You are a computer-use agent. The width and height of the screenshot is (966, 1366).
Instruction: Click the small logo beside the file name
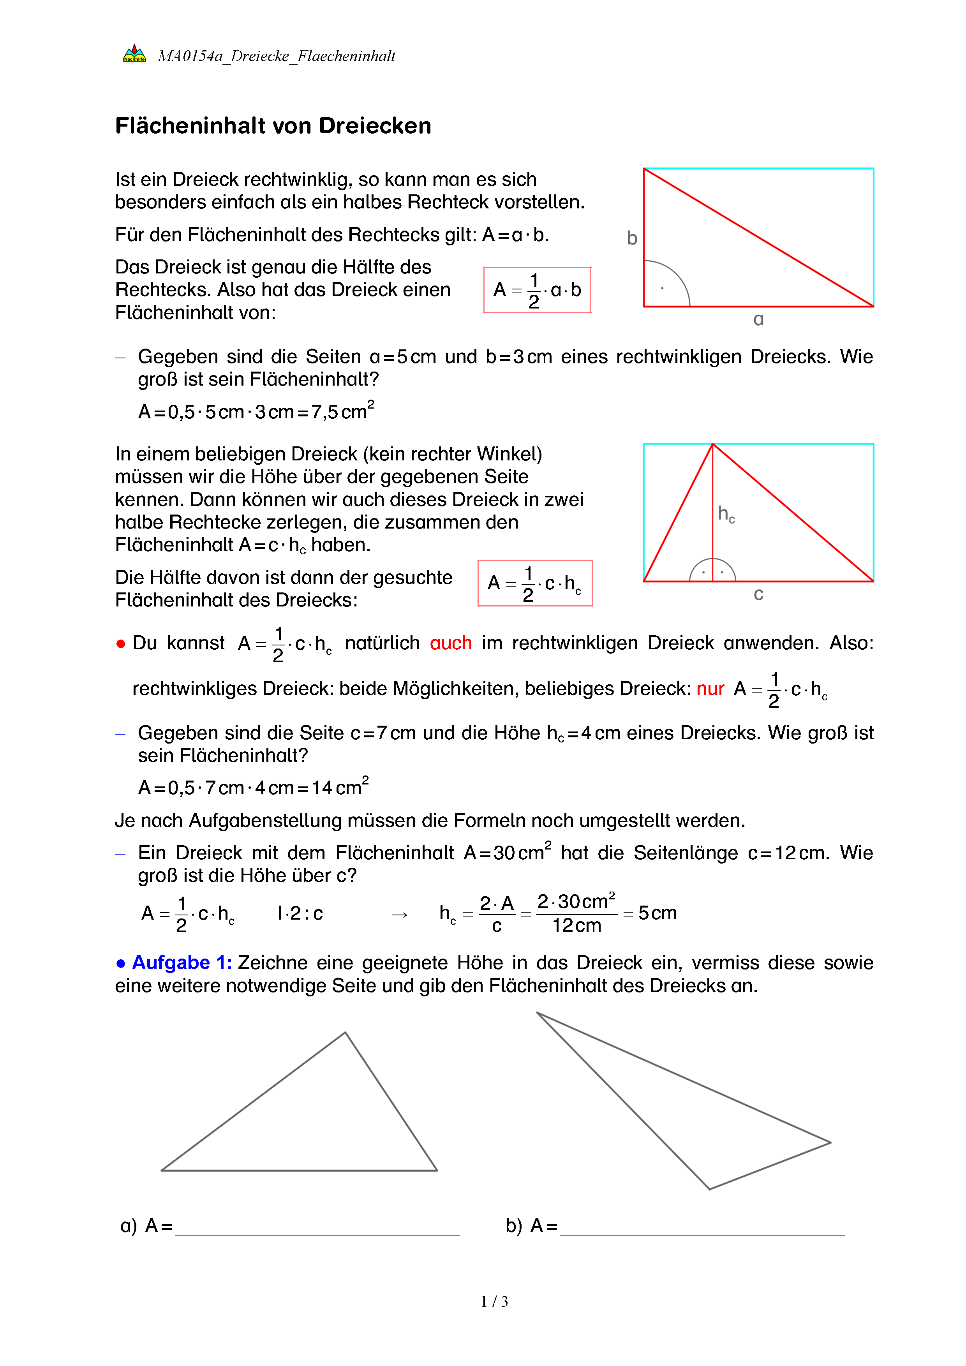pyautogui.click(x=134, y=54)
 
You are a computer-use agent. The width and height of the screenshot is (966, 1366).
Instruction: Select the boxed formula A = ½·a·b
pyautogui.click(x=537, y=290)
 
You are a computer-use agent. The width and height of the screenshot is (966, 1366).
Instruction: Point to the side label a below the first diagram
pyautogui.click(x=758, y=319)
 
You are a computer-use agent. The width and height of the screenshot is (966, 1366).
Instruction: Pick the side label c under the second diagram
pyautogui.click(x=758, y=594)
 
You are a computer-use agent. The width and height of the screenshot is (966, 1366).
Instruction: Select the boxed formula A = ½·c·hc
pyautogui.click(x=535, y=583)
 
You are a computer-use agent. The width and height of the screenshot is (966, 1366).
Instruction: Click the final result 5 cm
pyautogui.click(x=657, y=913)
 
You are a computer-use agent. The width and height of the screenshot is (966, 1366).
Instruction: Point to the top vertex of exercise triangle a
pyautogui.click(x=345, y=1033)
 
